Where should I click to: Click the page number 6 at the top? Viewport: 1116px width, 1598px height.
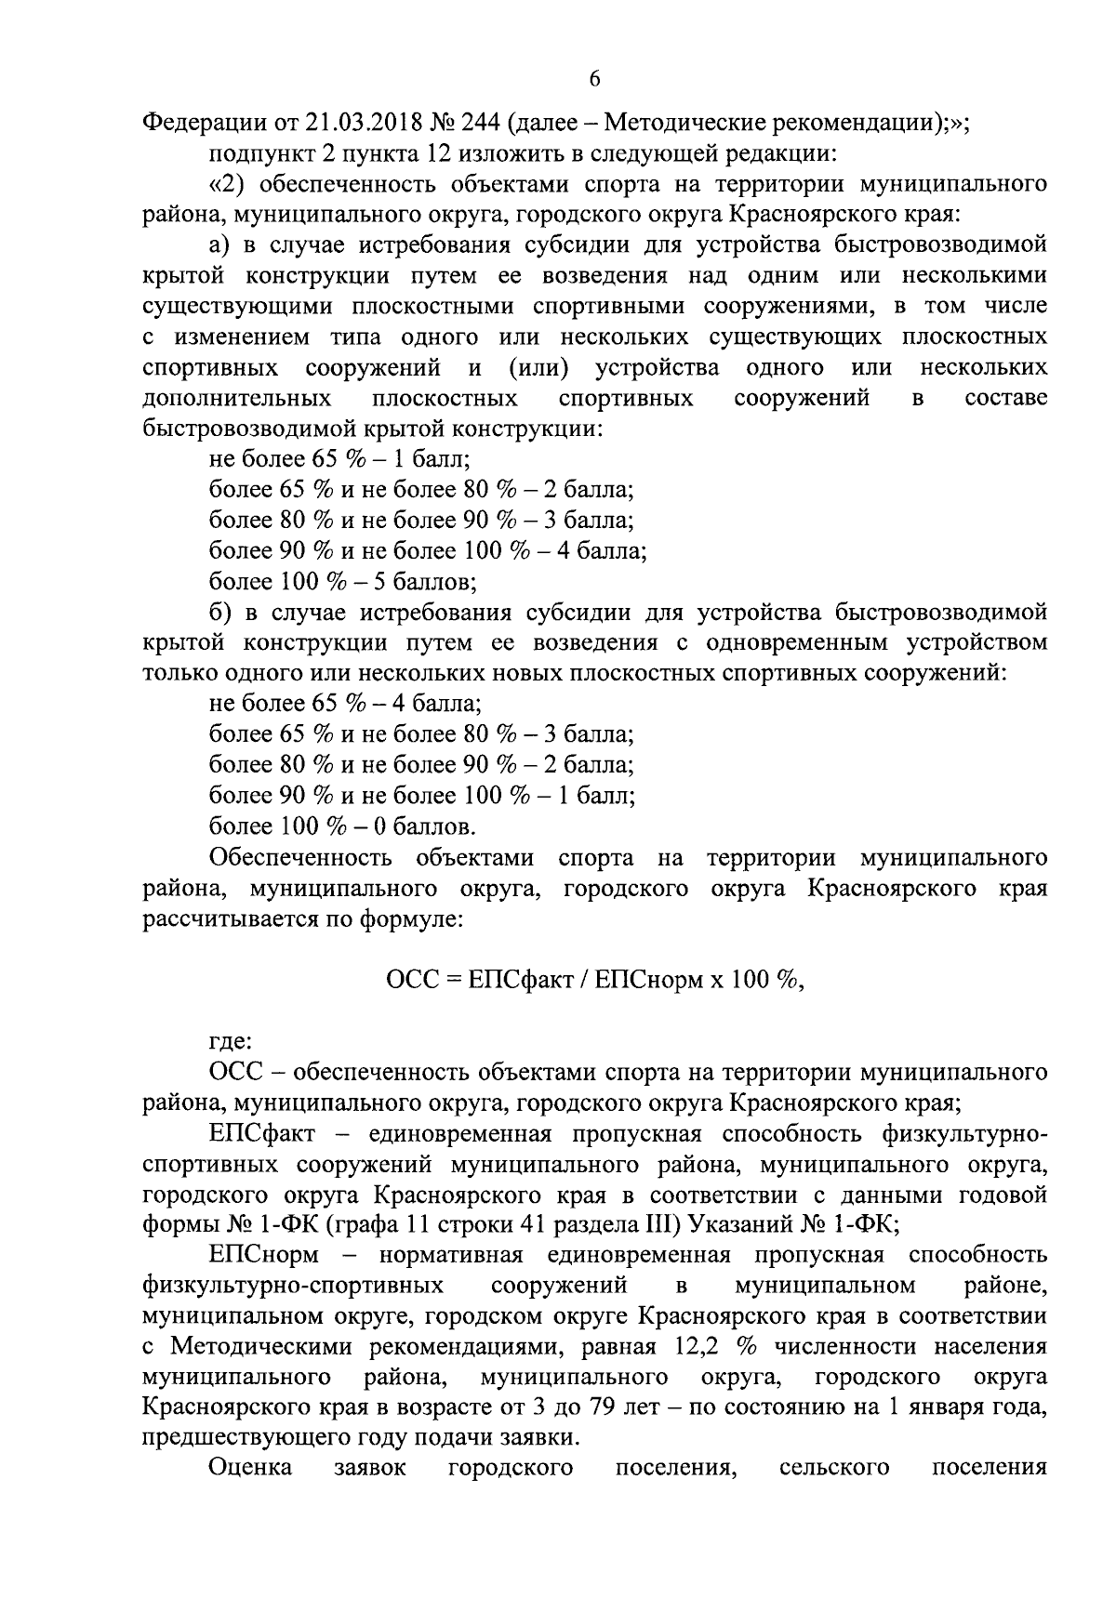(x=594, y=81)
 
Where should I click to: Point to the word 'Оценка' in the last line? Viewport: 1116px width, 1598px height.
(x=250, y=1468)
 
